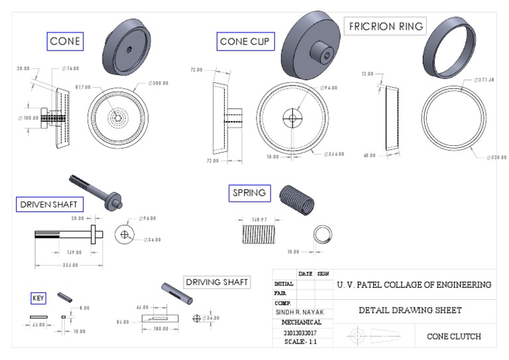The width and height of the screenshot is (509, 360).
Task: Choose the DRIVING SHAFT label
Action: (217, 282)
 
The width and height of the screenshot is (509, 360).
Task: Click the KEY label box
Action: (38, 298)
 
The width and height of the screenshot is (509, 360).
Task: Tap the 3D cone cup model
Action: (311, 43)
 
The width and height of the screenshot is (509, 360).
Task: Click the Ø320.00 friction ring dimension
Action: (496, 157)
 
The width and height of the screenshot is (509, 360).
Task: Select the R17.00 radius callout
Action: (82, 87)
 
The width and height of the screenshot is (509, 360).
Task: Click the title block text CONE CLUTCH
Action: (454, 336)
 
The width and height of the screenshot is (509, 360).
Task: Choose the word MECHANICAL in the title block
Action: (302, 322)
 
